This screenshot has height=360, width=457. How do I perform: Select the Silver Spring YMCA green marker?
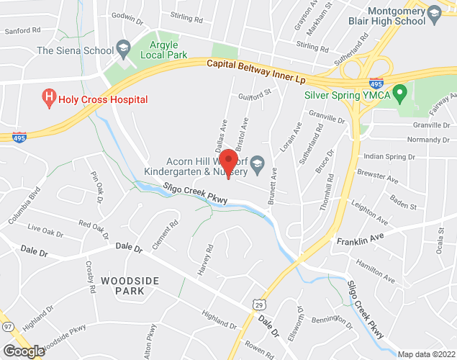pos(403,94)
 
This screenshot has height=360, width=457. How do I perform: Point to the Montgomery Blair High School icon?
pos(434,13)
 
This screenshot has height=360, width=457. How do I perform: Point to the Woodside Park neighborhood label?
pos(122,285)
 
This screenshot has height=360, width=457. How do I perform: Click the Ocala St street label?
pos(440,235)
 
